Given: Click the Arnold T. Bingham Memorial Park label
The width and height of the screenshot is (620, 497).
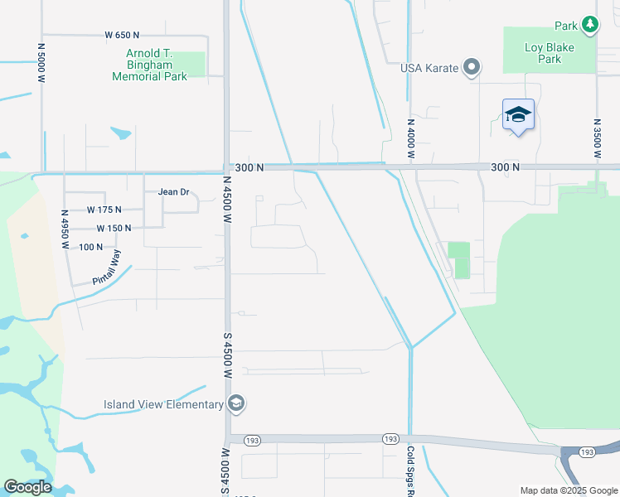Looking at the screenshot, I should pyautogui.click(x=150, y=65).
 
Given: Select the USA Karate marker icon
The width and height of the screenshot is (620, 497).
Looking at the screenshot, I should pyautogui.click(x=472, y=67).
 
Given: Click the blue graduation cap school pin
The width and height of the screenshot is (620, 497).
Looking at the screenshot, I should pyautogui.click(x=518, y=114).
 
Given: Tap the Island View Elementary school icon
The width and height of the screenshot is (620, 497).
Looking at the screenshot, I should pyautogui.click(x=235, y=403).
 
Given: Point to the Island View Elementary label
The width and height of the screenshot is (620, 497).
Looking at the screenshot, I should pyautogui.click(x=163, y=404).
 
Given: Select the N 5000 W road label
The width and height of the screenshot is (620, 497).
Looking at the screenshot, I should pyautogui.click(x=41, y=61).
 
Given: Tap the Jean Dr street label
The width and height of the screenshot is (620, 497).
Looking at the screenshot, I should pyautogui.click(x=174, y=191).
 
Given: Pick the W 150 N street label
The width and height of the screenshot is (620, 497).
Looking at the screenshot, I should pyautogui.click(x=114, y=228).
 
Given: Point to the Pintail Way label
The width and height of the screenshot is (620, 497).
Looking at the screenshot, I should pyautogui.click(x=107, y=267).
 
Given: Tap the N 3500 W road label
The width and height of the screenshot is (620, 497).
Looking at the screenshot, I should pyautogui.click(x=596, y=138).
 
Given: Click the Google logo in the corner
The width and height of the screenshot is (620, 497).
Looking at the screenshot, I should pyautogui.click(x=27, y=487).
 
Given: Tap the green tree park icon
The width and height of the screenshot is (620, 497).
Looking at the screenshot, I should pyautogui.click(x=589, y=25).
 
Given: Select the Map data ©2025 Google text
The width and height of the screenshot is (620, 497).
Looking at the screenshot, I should pyautogui.click(x=569, y=490).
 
